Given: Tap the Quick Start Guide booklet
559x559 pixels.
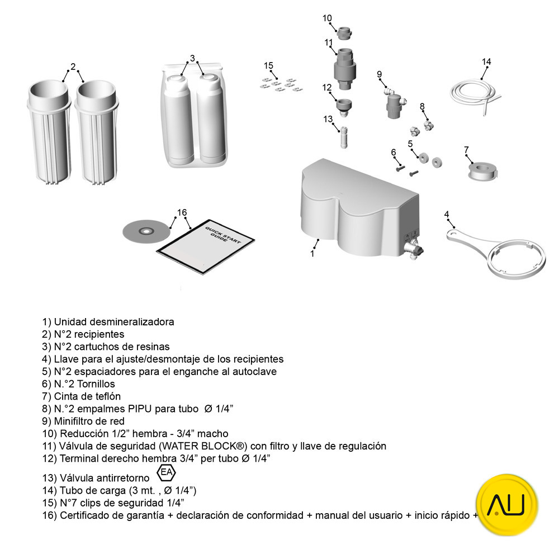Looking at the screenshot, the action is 206,247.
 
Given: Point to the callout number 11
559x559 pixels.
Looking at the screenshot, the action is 328,42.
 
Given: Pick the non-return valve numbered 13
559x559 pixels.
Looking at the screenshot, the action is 344,136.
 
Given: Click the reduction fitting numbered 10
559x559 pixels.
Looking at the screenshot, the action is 344,33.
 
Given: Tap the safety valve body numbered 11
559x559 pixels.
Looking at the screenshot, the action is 345,68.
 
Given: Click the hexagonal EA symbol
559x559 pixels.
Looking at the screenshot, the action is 166,472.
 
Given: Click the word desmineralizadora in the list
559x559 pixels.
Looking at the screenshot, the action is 132,321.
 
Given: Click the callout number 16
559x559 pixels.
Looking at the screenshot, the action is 182,212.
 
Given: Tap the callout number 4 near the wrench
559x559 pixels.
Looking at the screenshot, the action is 447,214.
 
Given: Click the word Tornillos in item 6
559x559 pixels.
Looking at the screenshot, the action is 96,383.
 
